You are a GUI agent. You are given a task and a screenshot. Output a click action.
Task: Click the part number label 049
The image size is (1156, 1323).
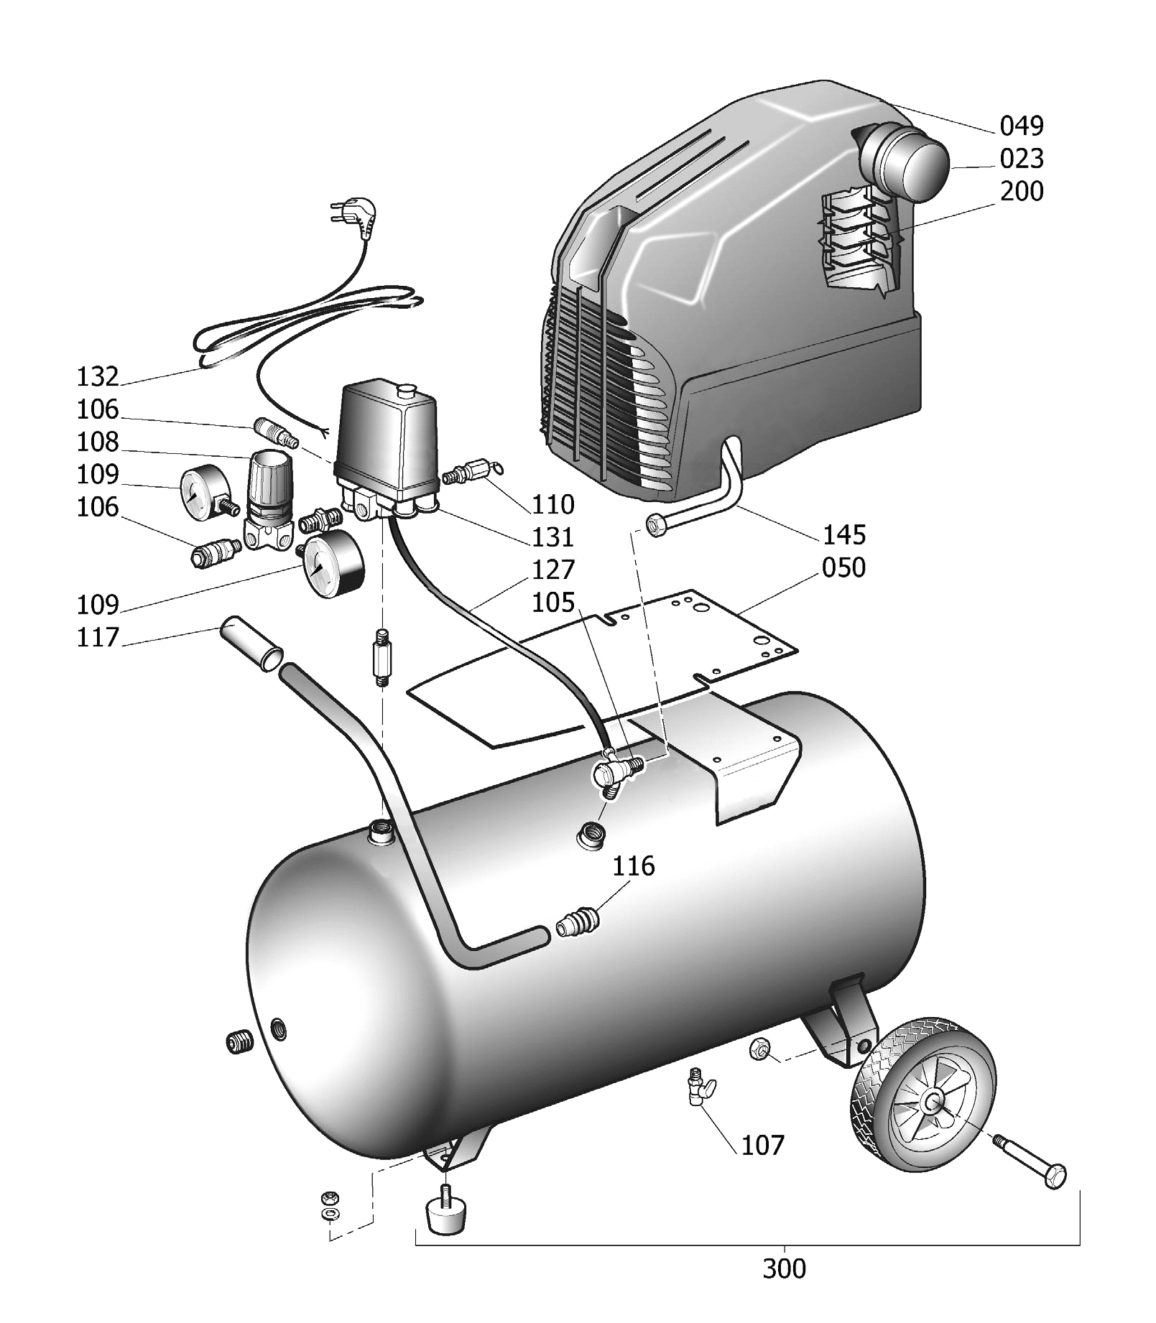(x=1021, y=126)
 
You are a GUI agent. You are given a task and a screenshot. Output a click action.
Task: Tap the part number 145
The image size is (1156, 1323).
(x=844, y=535)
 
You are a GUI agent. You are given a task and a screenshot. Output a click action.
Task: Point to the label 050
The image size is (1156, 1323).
(x=843, y=567)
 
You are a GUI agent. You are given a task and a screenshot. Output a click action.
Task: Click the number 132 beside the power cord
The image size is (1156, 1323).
(x=98, y=376)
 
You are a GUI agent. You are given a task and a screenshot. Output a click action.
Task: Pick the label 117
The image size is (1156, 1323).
(x=98, y=637)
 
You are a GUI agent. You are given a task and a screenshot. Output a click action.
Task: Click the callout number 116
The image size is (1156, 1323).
(x=634, y=866)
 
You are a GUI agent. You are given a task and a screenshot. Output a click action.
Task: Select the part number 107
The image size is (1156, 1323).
(x=762, y=1146)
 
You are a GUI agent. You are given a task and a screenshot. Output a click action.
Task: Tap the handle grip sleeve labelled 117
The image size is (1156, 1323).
(x=251, y=643)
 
